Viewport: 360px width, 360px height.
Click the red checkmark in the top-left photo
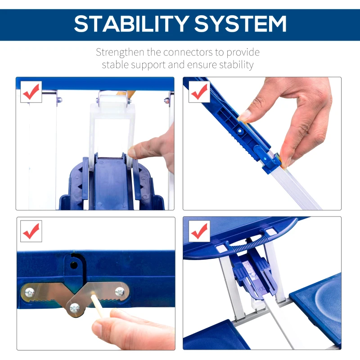point(31,92)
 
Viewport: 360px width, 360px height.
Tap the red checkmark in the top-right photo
point(198,92)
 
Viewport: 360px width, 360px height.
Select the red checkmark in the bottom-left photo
point(31,231)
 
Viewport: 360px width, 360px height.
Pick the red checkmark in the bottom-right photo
point(198,231)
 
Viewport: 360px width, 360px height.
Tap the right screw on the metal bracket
point(120,292)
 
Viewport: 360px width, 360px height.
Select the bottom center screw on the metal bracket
point(75,308)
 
